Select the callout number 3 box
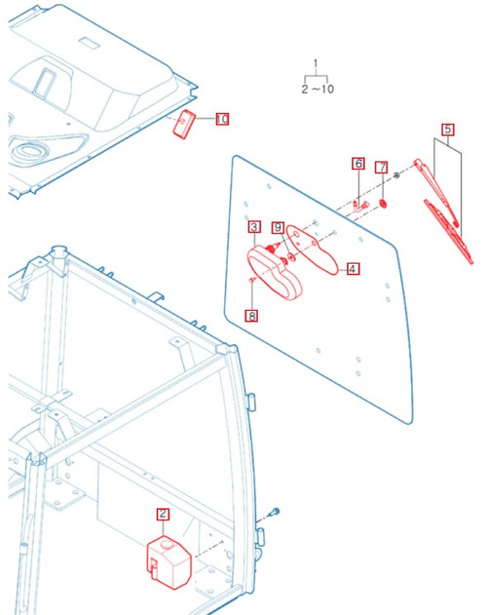[253, 227]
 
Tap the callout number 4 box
[352, 268]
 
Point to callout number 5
[447, 129]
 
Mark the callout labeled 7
[382, 169]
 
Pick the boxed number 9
[278, 227]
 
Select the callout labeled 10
[222, 119]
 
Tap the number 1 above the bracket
[315, 63]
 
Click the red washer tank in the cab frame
[168, 560]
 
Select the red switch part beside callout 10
[185, 126]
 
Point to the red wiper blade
[450, 231]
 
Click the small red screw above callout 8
[252, 282]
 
